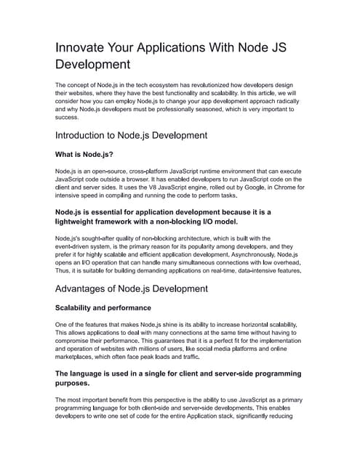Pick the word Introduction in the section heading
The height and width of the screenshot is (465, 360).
[x=89, y=134]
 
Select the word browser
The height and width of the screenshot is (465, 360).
[x=159, y=179]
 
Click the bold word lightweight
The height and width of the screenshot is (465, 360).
[x=84, y=221]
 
